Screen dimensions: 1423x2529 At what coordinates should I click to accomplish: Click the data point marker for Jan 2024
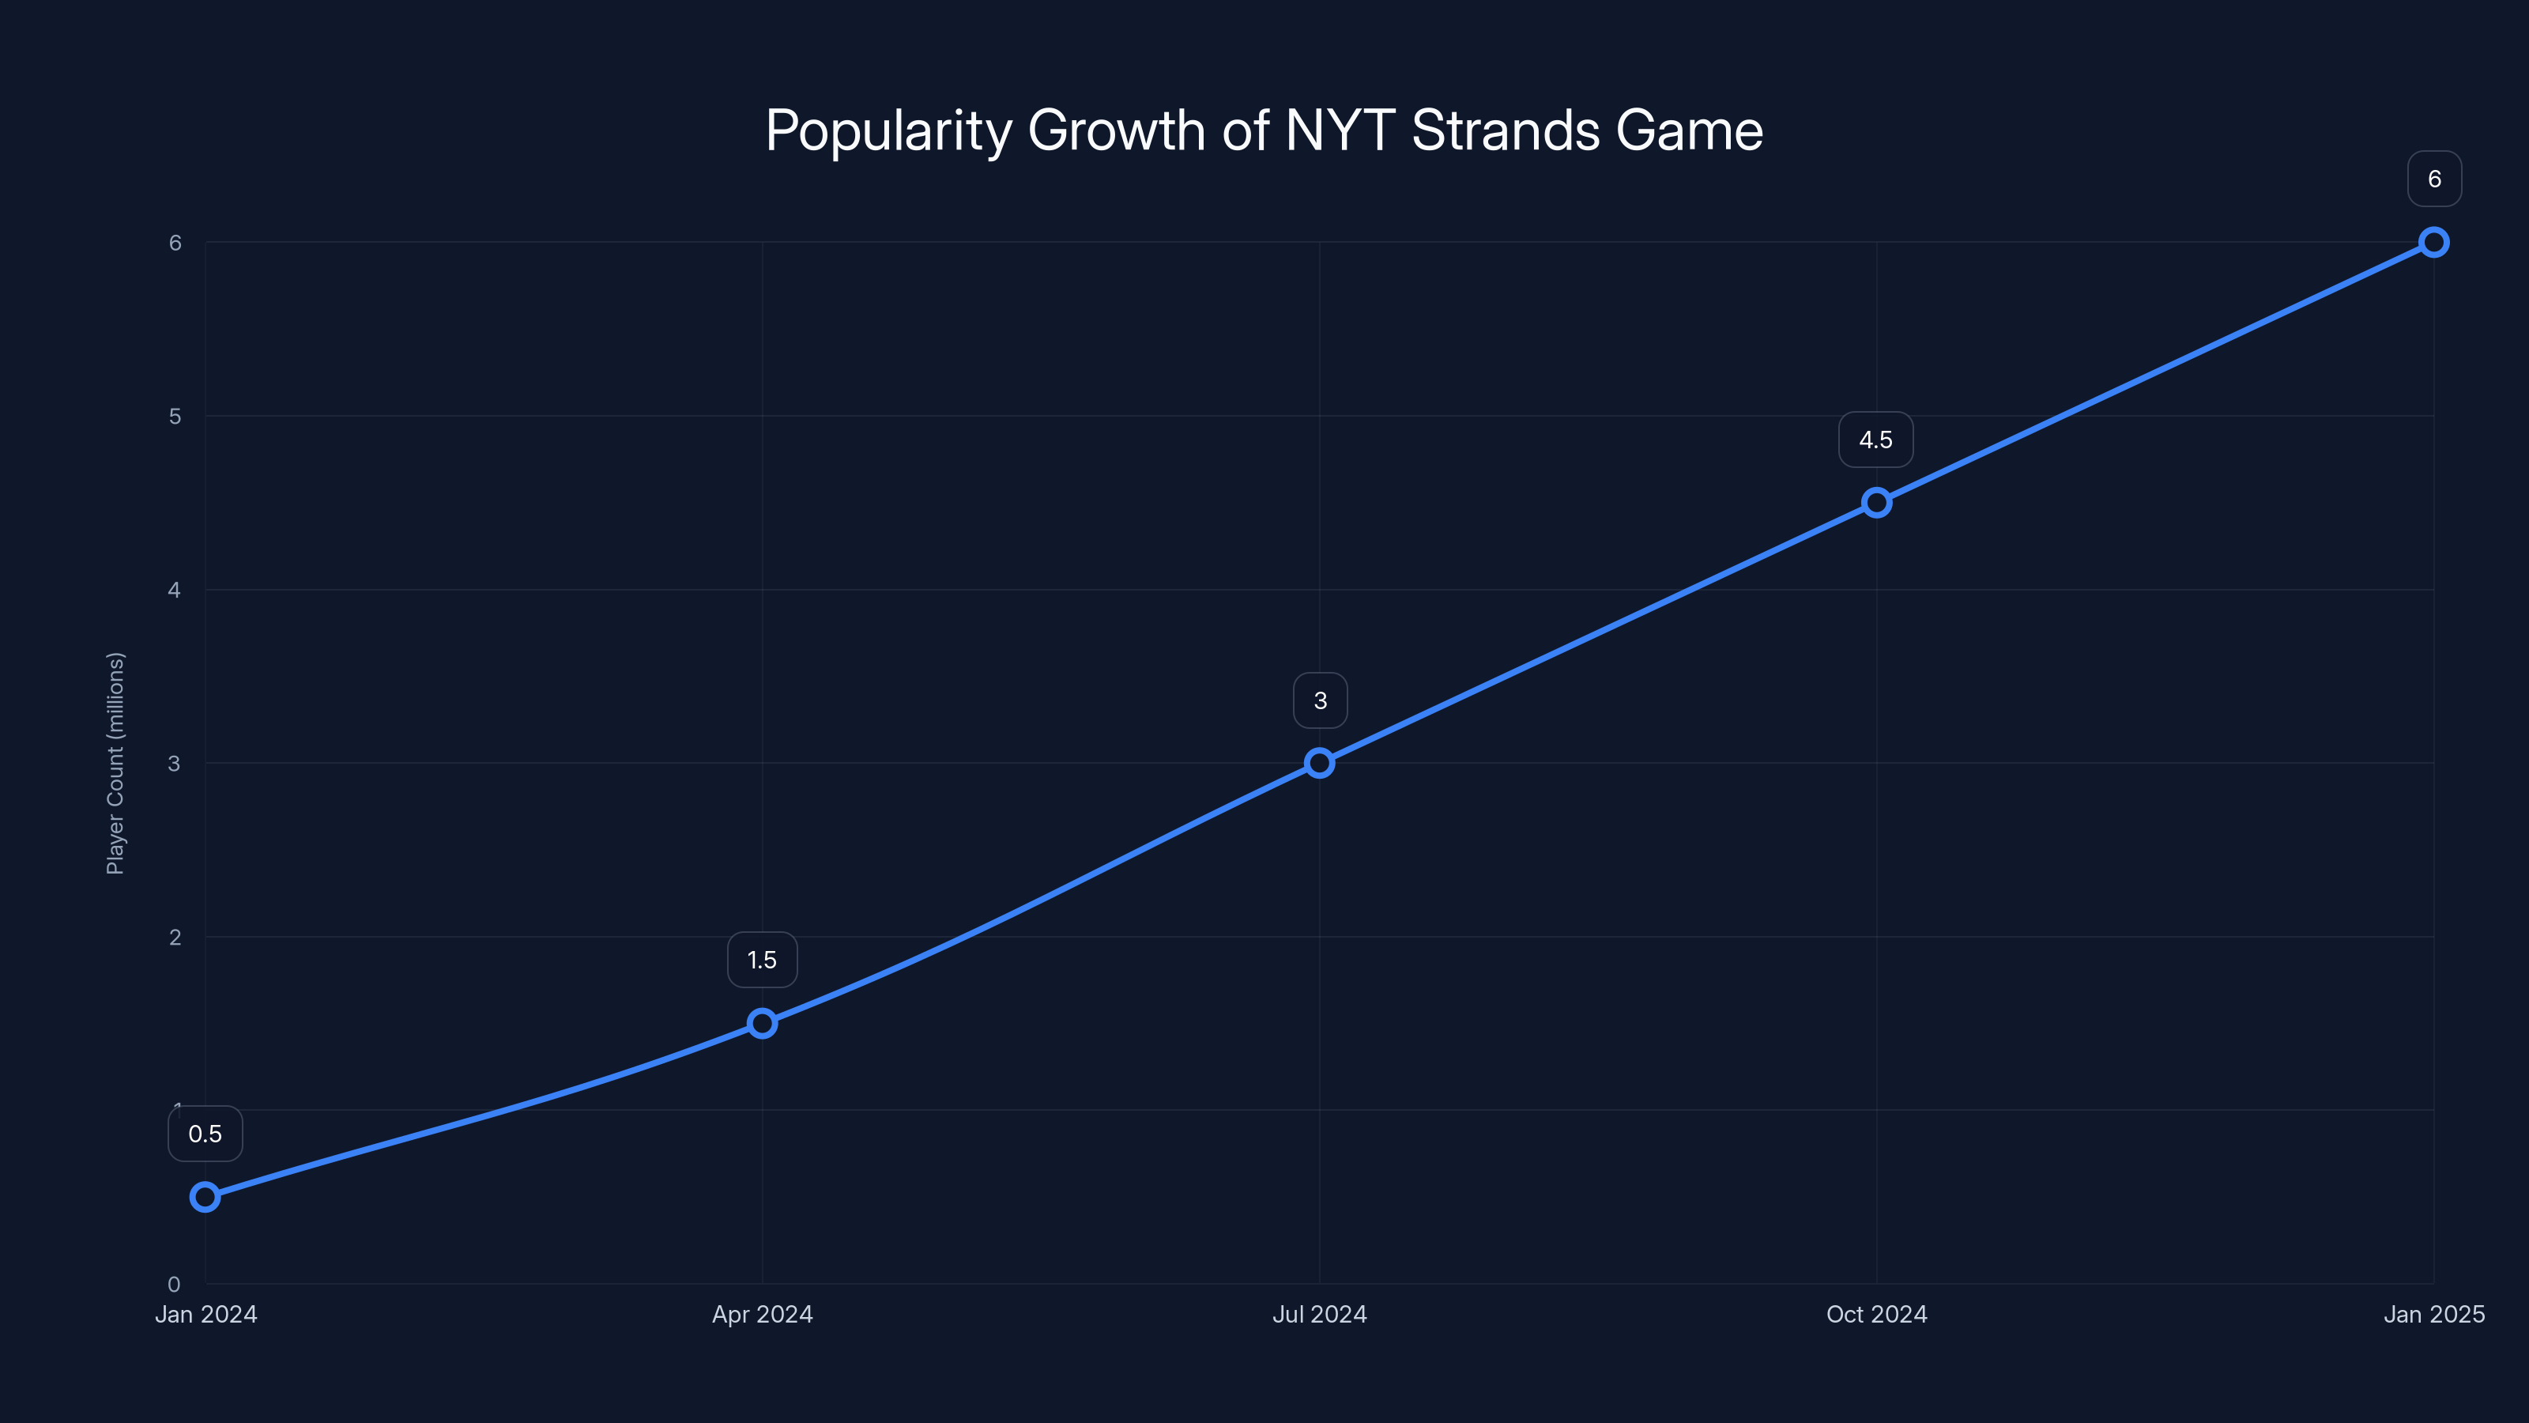coord(205,1196)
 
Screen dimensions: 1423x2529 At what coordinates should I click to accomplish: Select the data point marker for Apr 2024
coord(762,1023)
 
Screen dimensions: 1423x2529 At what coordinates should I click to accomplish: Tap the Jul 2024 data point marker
coord(1320,763)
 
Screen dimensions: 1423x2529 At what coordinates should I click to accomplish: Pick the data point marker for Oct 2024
coord(1876,503)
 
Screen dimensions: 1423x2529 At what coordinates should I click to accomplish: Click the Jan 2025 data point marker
coord(2434,243)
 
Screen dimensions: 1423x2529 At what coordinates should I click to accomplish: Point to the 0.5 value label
coord(205,1134)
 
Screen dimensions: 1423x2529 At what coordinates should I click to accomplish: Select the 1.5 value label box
coord(762,961)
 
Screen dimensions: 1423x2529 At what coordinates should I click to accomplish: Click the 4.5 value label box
coord(1875,440)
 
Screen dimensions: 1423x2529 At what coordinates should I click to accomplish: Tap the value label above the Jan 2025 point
coord(2434,179)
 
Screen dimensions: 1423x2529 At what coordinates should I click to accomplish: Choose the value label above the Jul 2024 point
coord(1320,701)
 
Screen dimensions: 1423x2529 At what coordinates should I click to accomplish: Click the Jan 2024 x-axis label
coord(205,1314)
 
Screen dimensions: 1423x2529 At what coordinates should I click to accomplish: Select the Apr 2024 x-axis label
coord(762,1314)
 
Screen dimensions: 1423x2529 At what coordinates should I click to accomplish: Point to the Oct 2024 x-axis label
coord(1876,1314)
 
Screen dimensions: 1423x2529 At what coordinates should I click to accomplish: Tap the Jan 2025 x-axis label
coord(2434,1314)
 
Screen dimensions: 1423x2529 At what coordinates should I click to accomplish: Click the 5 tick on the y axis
coord(175,417)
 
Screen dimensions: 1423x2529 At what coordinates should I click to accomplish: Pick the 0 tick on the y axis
coord(174,1285)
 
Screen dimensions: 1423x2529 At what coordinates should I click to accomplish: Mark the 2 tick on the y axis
coord(175,937)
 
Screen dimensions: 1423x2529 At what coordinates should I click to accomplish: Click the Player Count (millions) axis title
coord(116,763)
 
